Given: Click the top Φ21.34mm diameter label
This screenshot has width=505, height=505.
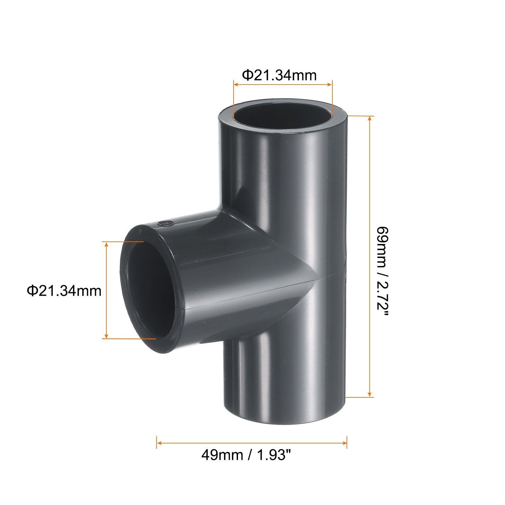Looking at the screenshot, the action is [279, 75].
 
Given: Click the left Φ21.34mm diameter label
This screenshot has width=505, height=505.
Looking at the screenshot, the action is [64, 290].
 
